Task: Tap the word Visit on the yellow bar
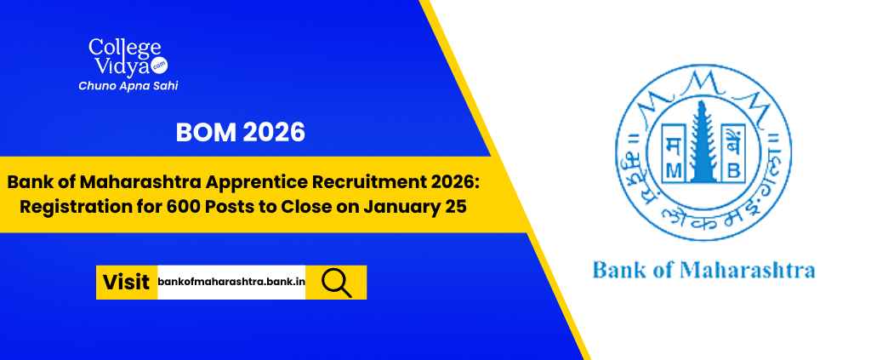[126, 282]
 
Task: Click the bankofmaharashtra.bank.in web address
[231, 282]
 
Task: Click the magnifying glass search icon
[336, 282]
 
